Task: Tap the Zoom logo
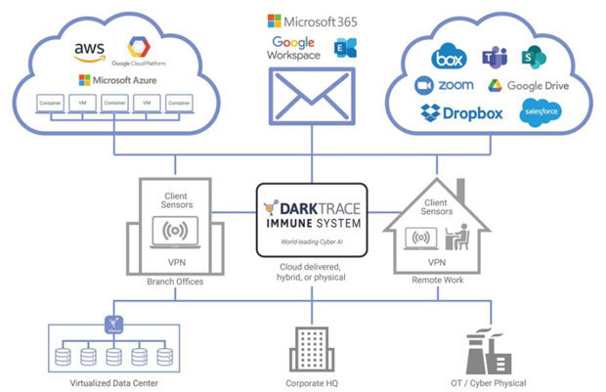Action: (x=445, y=85)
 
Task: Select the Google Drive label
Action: (x=525, y=85)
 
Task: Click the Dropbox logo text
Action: (x=461, y=112)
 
